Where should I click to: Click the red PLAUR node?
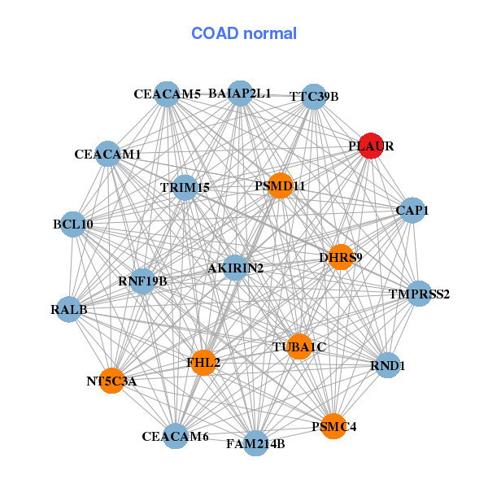click(x=371, y=146)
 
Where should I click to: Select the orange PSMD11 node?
click(x=279, y=186)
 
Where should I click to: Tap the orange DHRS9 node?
click(x=340, y=257)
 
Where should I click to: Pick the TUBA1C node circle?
click(x=298, y=346)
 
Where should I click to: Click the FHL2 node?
click(x=203, y=362)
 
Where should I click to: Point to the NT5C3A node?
click(x=111, y=380)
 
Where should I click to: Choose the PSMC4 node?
click(x=333, y=425)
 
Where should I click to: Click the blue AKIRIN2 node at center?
click(x=234, y=268)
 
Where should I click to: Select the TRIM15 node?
click(x=185, y=188)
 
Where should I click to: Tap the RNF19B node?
click(x=142, y=281)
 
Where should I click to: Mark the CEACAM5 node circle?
click(x=167, y=94)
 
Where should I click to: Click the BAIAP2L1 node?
click(x=240, y=94)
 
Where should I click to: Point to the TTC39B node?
click(x=314, y=97)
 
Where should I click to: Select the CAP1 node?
click(x=411, y=211)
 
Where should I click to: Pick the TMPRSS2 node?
click(x=418, y=294)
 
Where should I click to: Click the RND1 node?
click(x=387, y=365)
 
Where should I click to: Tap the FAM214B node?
click(x=255, y=443)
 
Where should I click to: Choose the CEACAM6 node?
click(x=175, y=437)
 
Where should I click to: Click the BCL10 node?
click(x=72, y=224)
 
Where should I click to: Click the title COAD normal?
click(x=244, y=34)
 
